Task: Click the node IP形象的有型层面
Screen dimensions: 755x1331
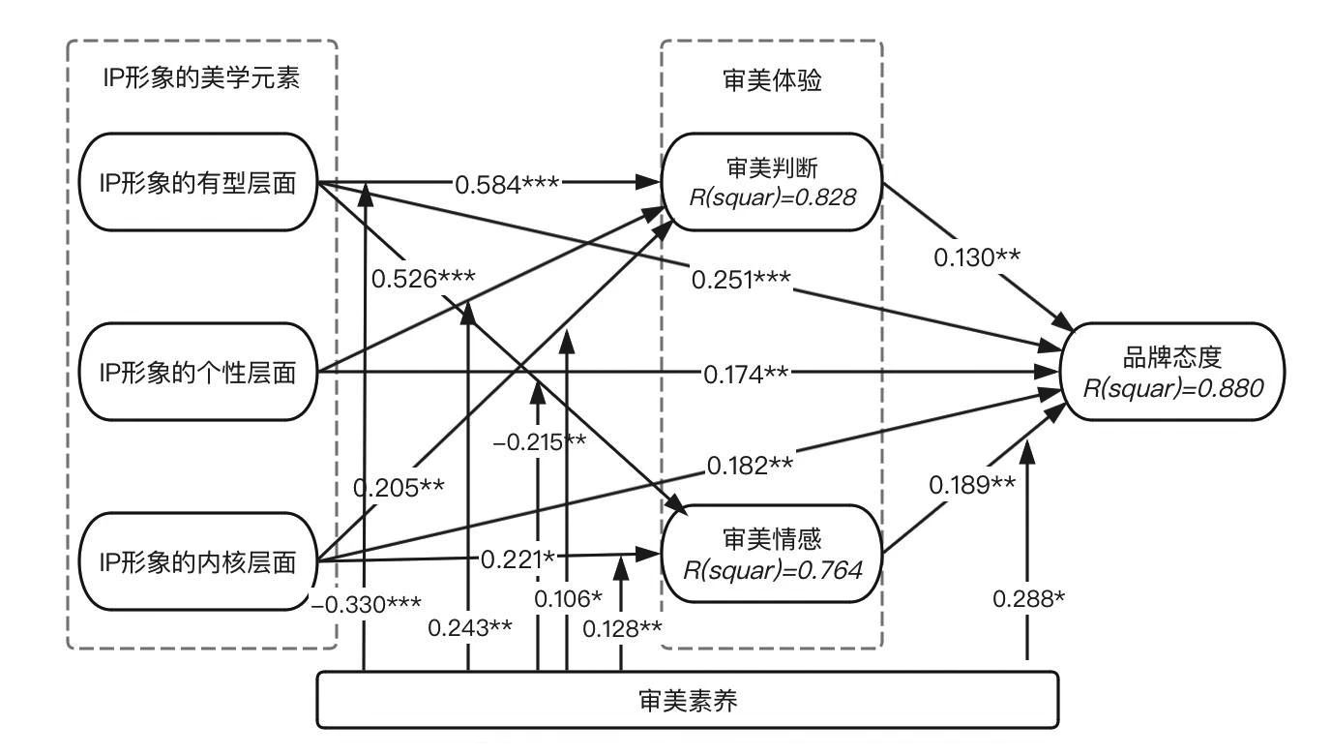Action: (199, 181)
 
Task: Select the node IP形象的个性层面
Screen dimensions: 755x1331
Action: (199, 372)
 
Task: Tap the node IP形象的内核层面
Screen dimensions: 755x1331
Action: (199, 561)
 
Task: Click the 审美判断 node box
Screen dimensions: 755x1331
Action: (771, 181)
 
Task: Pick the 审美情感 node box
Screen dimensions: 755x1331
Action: (771, 554)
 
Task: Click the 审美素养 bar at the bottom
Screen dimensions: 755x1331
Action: (688, 699)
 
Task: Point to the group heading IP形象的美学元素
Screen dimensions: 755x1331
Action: (200, 79)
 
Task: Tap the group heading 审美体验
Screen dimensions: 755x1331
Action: (771, 80)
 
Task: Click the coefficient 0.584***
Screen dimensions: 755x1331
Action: (508, 181)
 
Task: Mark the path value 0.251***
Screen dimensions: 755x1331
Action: (741, 280)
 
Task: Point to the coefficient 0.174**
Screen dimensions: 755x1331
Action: (746, 372)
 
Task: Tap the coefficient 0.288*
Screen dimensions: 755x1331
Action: (1028, 599)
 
